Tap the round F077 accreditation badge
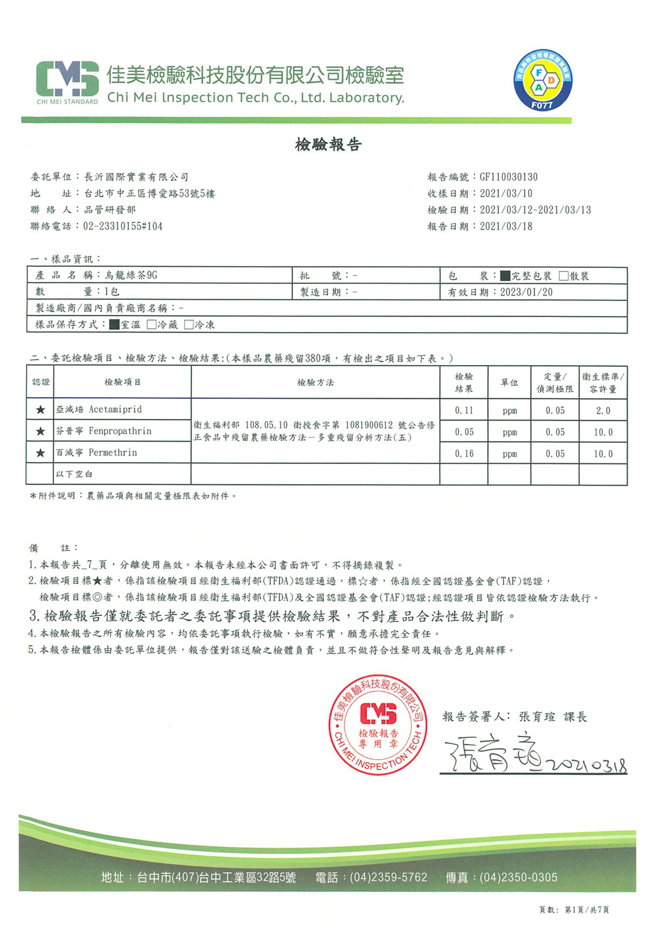(x=543, y=80)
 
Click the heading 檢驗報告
(x=328, y=145)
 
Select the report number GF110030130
(x=508, y=177)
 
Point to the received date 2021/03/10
(x=506, y=193)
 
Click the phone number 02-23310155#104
(x=123, y=226)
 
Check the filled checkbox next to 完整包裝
(x=505, y=276)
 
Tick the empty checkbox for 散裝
(x=564, y=276)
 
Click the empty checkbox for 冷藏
(x=152, y=325)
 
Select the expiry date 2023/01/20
(x=526, y=292)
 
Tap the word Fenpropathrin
(x=120, y=431)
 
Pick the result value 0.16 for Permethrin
(x=464, y=453)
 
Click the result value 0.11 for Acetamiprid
(x=464, y=410)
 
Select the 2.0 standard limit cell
(x=603, y=410)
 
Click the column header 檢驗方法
(x=315, y=382)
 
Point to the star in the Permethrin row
(x=40, y=453)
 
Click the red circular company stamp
(x=378, y=724)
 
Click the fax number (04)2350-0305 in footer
(x=518, y=877)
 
